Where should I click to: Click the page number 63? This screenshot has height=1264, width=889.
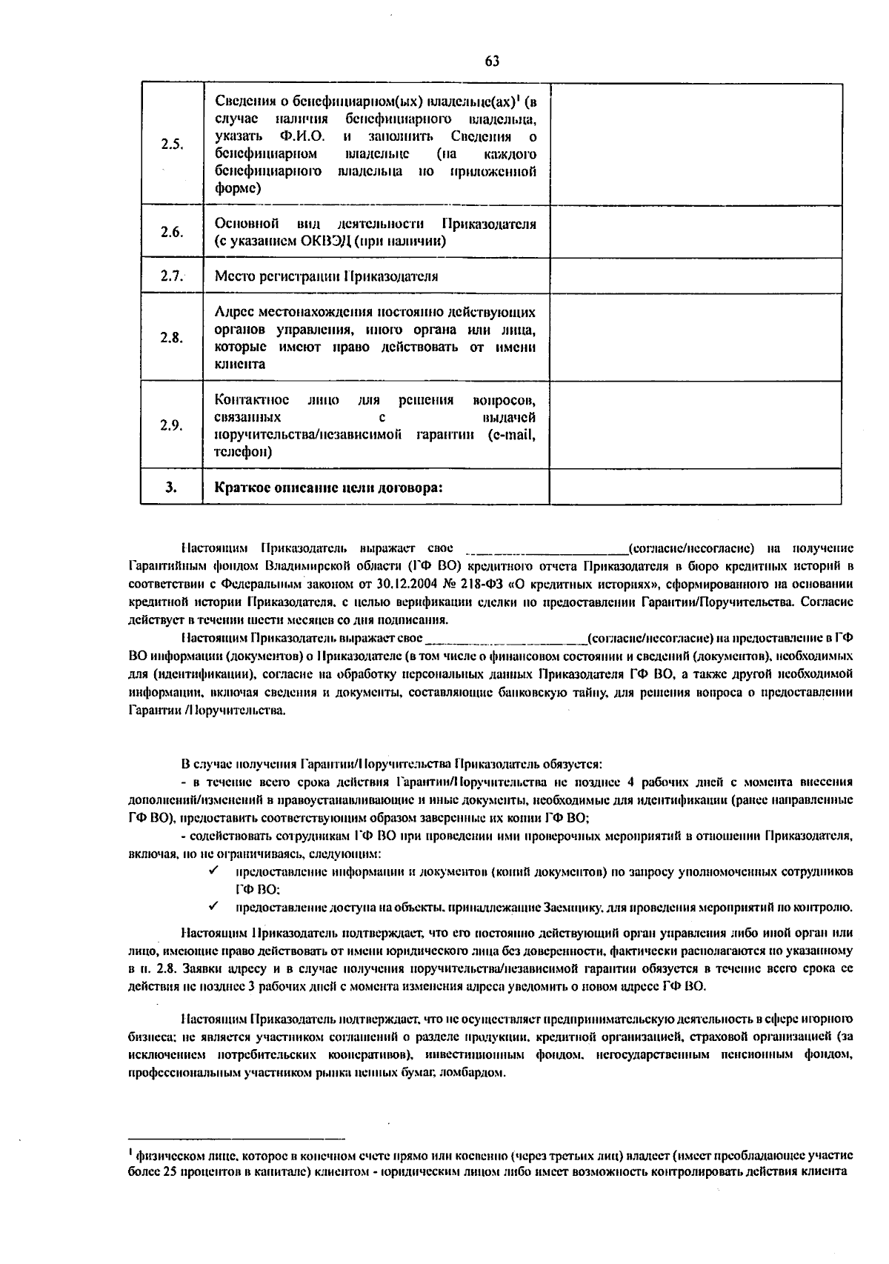(x=492, y=61)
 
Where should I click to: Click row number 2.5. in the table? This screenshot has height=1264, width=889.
(x=172, y=144)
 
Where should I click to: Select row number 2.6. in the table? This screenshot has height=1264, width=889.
(x=172, y=232)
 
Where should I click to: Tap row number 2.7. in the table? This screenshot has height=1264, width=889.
(x=172, y=276)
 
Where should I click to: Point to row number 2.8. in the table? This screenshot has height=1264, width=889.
(x=172, y=338)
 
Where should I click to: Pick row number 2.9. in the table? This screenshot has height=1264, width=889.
(x=172, y=425)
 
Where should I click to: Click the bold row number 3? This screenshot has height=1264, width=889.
(x=172, y=488)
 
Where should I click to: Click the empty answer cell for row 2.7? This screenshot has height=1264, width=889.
(x=695, y=276)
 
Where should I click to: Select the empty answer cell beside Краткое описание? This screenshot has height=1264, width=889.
(x=695, y=487)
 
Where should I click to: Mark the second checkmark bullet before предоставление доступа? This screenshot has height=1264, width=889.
(x=213, y=905)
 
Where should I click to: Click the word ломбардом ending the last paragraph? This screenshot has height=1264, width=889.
(x=473, y=1073)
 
